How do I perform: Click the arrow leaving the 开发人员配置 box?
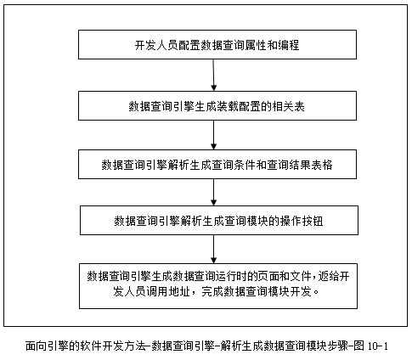[214, 76]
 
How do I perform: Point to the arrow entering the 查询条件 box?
[214, 135]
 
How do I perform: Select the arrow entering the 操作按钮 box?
[214, 193]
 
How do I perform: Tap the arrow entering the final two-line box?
[214, 250]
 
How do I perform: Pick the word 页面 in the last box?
[268, 276]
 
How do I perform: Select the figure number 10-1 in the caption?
[378, 346]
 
